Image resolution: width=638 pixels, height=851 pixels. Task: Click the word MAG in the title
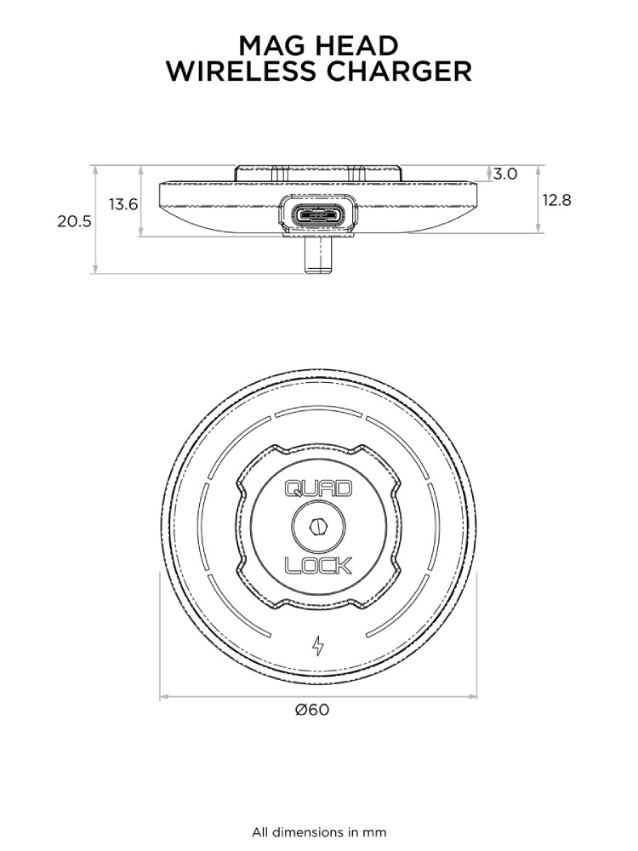coord(272,46)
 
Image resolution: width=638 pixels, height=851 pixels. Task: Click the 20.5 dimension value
coord(74,221)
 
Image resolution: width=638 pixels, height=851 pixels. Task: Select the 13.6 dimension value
coord(123,204)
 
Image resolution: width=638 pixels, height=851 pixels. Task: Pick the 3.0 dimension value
coord(505,174)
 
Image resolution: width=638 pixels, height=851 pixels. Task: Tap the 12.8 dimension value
coord(557,200)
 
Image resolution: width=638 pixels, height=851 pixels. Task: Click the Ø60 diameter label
coord(312,710)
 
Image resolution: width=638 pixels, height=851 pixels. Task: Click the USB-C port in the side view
coord(318,215)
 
